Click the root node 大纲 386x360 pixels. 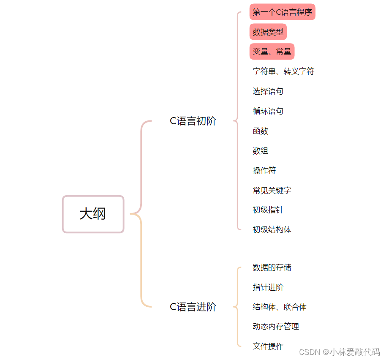pyautogui.click(x=93, y=214)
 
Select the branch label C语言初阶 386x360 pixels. pyautogui.click(x=193, y=121)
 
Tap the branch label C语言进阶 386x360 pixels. pyautogui.click(x=193, y=307)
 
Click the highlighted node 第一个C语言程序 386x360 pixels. pyautogui.click(x=282, y=12)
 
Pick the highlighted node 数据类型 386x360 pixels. pyautogui.click(x=268, y=32)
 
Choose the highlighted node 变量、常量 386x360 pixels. pyautogui.click(x=272, y=52)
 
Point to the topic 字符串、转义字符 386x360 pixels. pyautogui.click(x=283, y=71)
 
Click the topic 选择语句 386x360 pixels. pyautogui.click(x=268, y=91)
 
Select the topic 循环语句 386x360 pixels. pyautogui.click(x=268, y=111)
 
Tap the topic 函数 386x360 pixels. pyautogui.click(x=260, y=131)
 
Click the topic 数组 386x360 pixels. pyautogui.click(x=260, y=151)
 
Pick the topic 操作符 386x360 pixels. pyautogui.click(x=264, y=171)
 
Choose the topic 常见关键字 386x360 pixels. pyautogui.click(x=272, y=191)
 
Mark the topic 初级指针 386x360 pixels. pyautogui.click(x=268, y=210)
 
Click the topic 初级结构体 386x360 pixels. pyautogui.click(x=272, y=230)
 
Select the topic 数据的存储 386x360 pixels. pyautogui.click(x=272, y=267)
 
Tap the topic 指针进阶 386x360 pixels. pyautogui.click(x=268, y=287)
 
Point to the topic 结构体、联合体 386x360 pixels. pyautogui.click(x=280, y=307)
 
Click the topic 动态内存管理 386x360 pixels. pyautogui.click(x=275, y=327)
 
